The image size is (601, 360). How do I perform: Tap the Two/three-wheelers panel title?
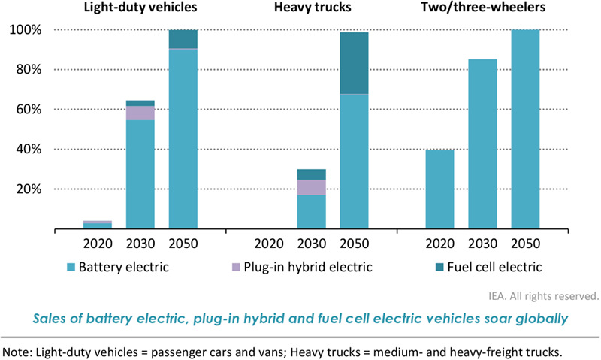tap(482, 9)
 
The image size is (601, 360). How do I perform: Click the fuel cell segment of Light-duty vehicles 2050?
tap(183, 39)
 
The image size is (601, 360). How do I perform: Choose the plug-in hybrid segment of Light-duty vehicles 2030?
tap(140, 113)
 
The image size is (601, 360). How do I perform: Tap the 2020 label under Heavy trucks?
tap(269, 243)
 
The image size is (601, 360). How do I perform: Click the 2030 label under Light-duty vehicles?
tap(140, 243)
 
